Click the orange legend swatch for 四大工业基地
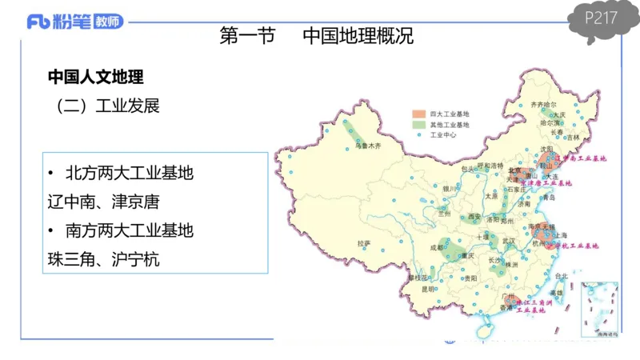(418, 115)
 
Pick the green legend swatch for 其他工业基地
(418, 126)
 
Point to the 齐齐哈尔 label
(543, 105)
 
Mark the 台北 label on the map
(560, 277)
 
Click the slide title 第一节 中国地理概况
(316, 37)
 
